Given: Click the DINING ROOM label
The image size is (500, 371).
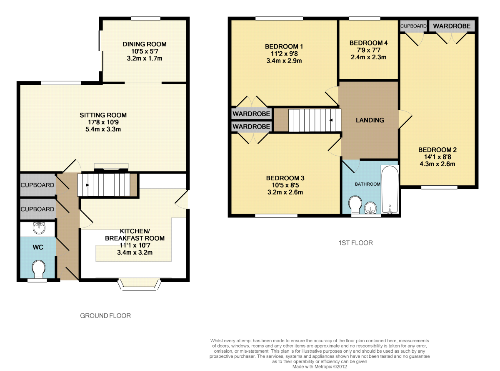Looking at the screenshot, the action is pos(145,44).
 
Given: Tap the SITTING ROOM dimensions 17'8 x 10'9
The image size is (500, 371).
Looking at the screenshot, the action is pos(103,122).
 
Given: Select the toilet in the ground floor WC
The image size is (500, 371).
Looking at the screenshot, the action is pos(38,269).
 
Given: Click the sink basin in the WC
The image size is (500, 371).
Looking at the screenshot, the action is pos(39,227).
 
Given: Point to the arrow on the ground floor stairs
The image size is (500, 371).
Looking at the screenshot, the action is pos(85,185).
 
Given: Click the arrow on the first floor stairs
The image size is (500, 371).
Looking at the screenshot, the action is pos(334,120).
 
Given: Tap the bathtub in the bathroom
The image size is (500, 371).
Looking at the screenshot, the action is pos(390,189).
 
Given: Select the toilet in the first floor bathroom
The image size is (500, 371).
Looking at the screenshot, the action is pos(355,204).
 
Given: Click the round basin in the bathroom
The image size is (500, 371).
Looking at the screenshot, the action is pos(370,207).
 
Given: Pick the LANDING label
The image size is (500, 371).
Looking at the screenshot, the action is pos(370,120).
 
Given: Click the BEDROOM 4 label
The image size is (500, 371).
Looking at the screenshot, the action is pos(369,43).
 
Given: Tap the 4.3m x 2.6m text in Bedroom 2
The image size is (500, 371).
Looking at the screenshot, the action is pos(437,164).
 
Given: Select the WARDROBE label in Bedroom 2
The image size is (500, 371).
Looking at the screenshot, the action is pos(452,26).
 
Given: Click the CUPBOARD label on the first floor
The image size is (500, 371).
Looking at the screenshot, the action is pos(413,26).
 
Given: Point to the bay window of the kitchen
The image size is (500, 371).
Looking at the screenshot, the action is pos(140,285).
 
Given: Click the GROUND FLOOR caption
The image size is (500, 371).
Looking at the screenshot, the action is pos(105,315).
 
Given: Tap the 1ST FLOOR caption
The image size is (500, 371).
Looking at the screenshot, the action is pos(356,243).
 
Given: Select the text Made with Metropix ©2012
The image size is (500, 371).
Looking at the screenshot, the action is pos(320,367).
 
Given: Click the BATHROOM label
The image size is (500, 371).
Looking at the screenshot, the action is pos(367,184).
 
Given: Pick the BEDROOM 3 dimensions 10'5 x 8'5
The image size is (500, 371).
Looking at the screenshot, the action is pos(285,185).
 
